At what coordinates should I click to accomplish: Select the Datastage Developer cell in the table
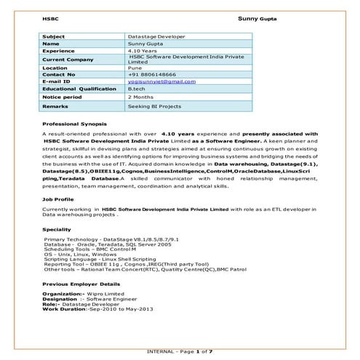(156, 36)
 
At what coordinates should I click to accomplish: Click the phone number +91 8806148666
(153, 74)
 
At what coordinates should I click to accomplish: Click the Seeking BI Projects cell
(155, 106)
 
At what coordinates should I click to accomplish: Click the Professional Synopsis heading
(76, 124)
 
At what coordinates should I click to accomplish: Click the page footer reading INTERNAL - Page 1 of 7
(180, 352)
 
